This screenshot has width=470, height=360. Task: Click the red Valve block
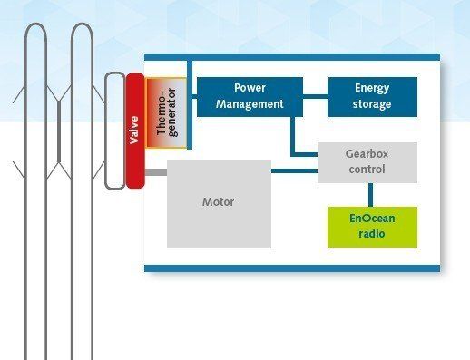[135, 131]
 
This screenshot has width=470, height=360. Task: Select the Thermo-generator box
[166, 112]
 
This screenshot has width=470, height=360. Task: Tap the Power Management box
[250, 97]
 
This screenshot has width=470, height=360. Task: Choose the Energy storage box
[372, 97]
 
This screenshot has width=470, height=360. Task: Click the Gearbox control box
[367, 162]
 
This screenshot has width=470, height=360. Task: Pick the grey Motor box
[219, 204]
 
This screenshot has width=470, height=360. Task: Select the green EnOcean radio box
[372, 227]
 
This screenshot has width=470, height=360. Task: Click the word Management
[250, 104]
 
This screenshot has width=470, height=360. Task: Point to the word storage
[372, 104]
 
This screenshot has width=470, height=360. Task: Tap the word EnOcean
[372, 219]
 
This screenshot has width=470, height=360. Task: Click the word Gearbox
[367, 154]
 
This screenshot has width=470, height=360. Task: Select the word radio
[372, 234]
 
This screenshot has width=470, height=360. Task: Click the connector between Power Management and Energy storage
[315, 96]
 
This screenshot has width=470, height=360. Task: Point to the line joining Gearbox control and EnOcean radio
[370, 195]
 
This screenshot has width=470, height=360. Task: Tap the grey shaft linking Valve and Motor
[156, 172]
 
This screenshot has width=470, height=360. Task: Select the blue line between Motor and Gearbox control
[294, 171]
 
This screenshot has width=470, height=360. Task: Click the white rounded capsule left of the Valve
[114, 131]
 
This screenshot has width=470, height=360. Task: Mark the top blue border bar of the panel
[292, 57]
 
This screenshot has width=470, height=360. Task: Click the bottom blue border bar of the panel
[292, 268]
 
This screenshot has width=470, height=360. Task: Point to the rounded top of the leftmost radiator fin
[35, 24]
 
